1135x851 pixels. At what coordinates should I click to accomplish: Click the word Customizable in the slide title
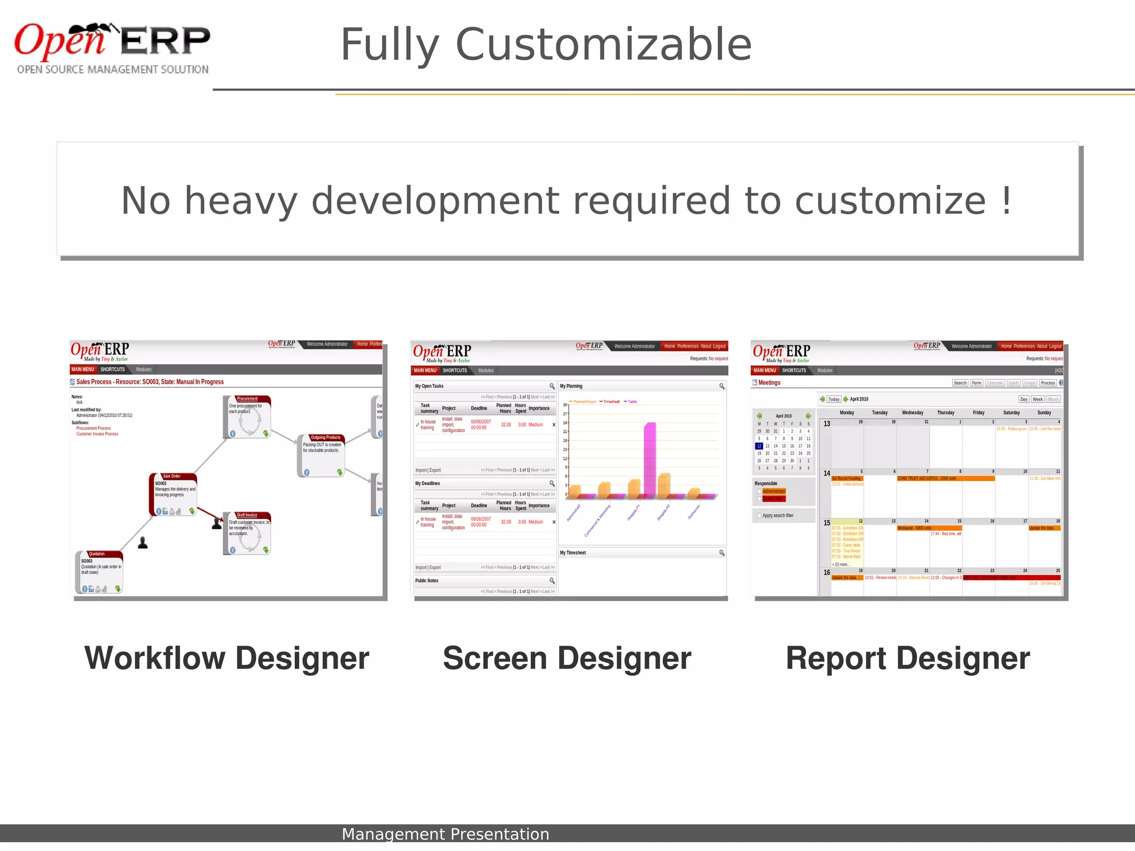[x=604, y=44]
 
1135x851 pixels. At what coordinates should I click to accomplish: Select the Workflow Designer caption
[x=227, y=658]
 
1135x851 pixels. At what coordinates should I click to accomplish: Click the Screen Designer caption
[x=567, y=658]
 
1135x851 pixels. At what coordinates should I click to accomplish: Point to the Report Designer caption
[x=908, y=658]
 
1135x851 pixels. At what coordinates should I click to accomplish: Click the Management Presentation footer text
[x=445, y=834]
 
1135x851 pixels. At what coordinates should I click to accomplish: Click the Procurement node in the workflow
[x=247, y=416]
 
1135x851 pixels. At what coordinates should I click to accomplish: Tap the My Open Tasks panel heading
[x=430, y=386]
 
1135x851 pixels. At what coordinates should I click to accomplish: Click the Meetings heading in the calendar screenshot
[x=769, y=383]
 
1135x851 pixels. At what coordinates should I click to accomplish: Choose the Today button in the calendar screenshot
[x=834, y=399]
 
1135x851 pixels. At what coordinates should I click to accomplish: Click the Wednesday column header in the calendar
[x=912, y=413]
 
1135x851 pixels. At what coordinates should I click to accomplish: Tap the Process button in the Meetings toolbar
[x=1047, y=383]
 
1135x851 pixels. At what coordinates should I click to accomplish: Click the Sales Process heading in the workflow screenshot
[x=150, y=382]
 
